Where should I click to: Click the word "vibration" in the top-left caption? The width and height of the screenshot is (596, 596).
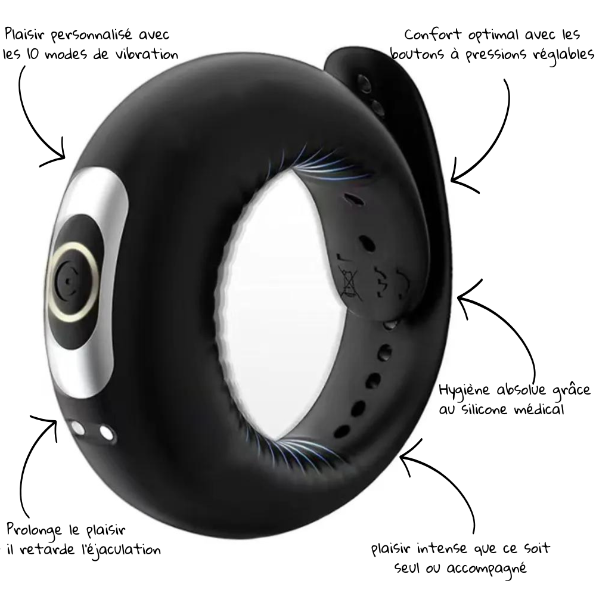click(x=145, y=54)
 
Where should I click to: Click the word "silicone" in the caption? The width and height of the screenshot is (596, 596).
click(x=488, y=409)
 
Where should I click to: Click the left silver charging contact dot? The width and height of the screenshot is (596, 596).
click(x=77, y=428)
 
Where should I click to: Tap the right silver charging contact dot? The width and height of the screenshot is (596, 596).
click(x=106, y=432)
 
